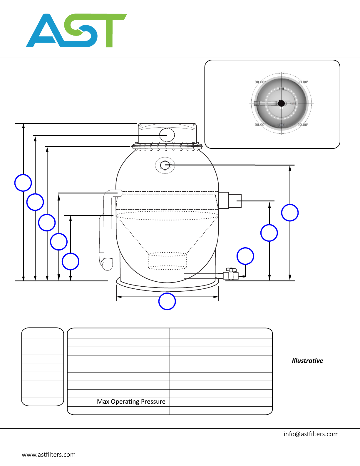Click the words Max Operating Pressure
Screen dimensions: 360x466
tap(131, 402)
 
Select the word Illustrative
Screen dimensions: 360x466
tap(307, 361)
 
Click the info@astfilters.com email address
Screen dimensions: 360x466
tap(311, 434)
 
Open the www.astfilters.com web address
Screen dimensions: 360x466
tap(49, 455)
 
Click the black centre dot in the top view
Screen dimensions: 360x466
tap(281, 103)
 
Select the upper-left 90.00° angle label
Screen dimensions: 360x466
tap(260, 82)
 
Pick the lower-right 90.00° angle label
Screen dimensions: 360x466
tap(303, 125)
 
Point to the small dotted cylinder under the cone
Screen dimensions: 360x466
tap(167, 261)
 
